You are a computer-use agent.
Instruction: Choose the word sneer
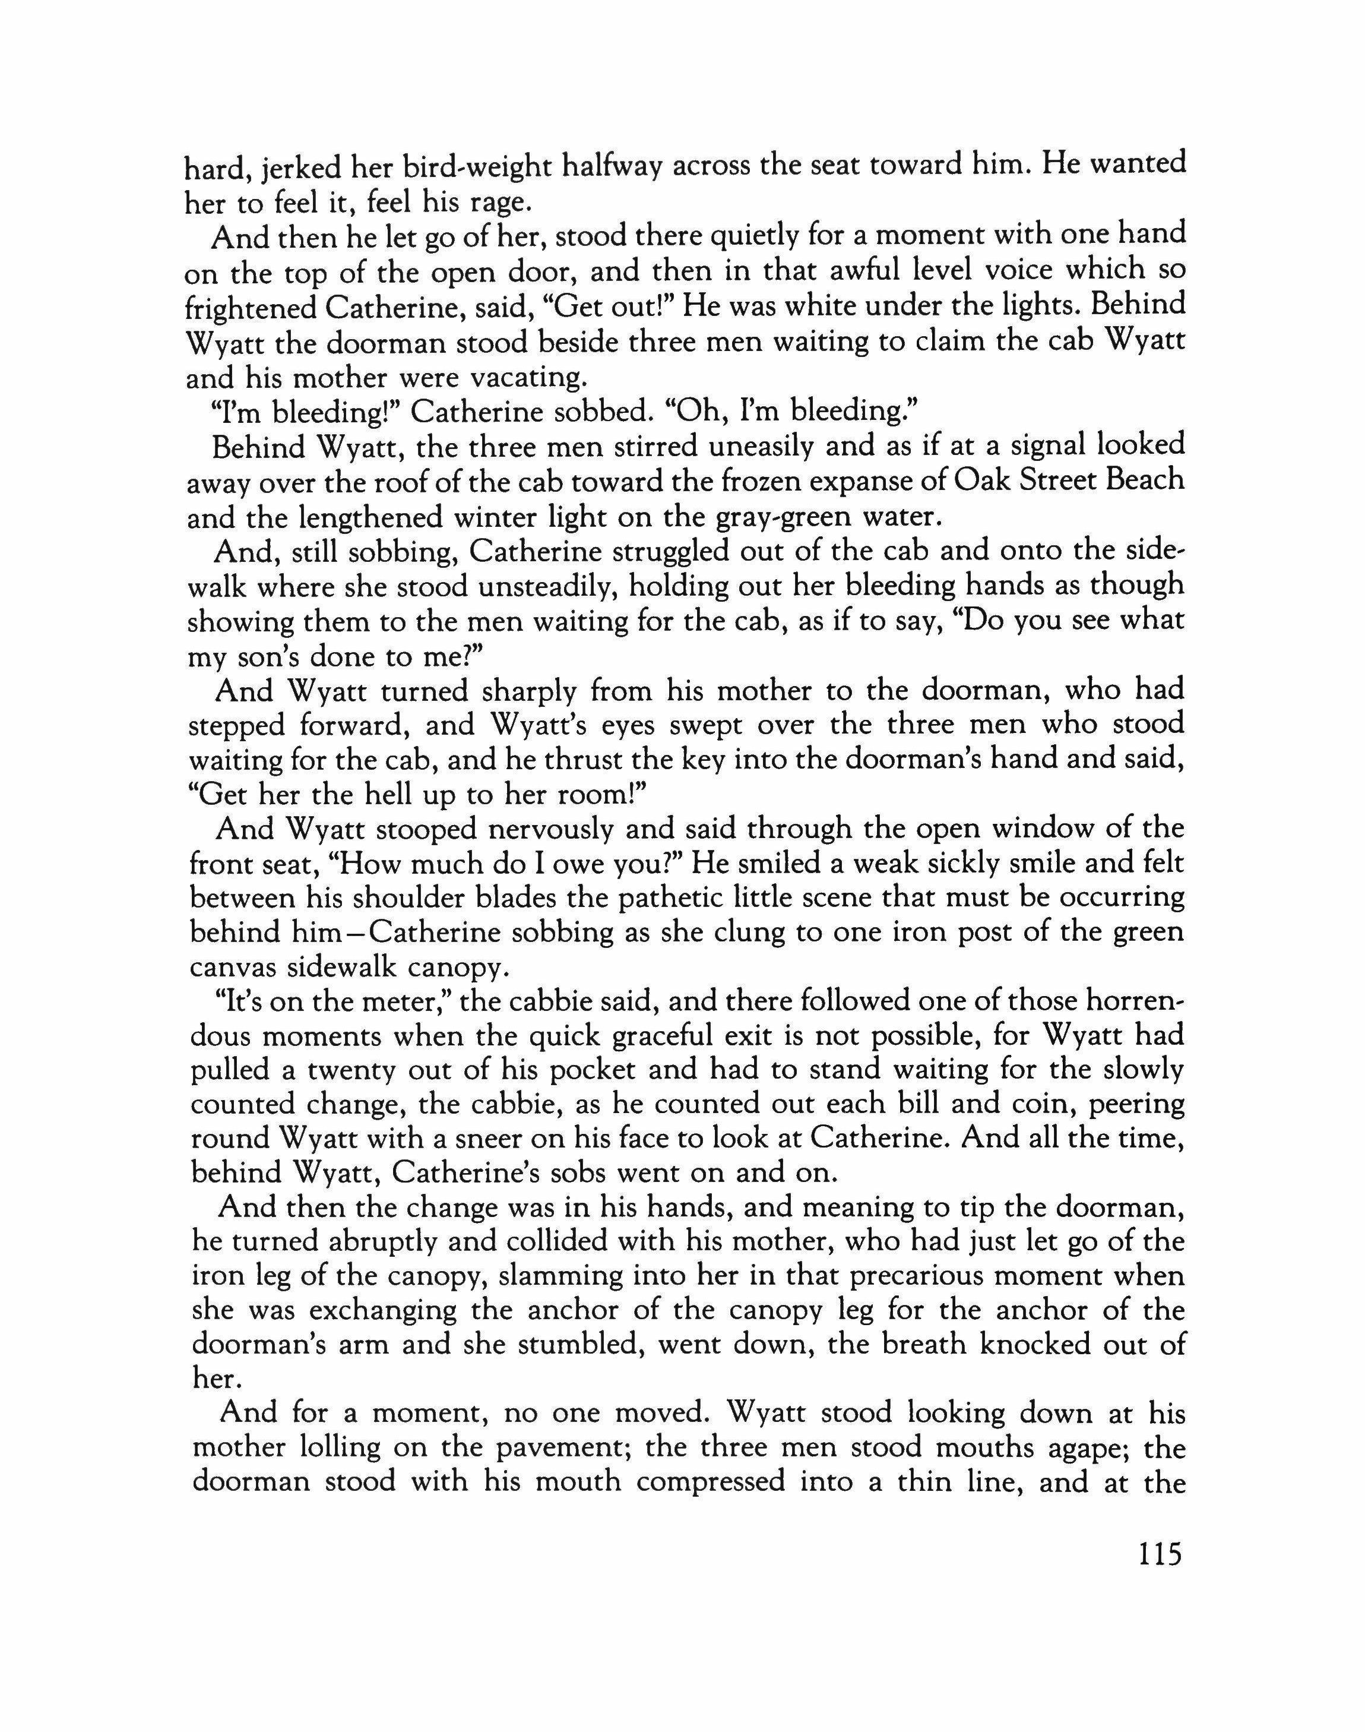tap(531, 1140)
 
